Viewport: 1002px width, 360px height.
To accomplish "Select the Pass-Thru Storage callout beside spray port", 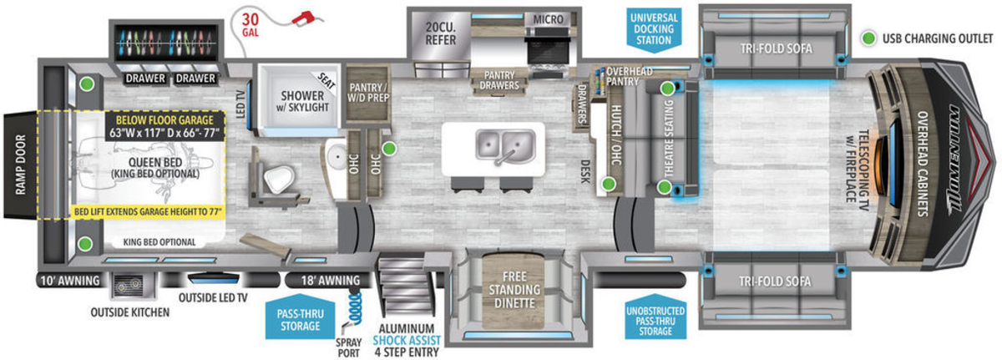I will pyautogui.click(x=301, y=317).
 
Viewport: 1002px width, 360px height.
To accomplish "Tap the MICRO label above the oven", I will pyautogui.click(x=547, y=18).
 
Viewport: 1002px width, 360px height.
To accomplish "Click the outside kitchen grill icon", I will pyautogui.click(x=129, y=288).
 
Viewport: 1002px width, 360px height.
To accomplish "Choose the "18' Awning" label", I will pyautogui.click(x=325, y=280).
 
